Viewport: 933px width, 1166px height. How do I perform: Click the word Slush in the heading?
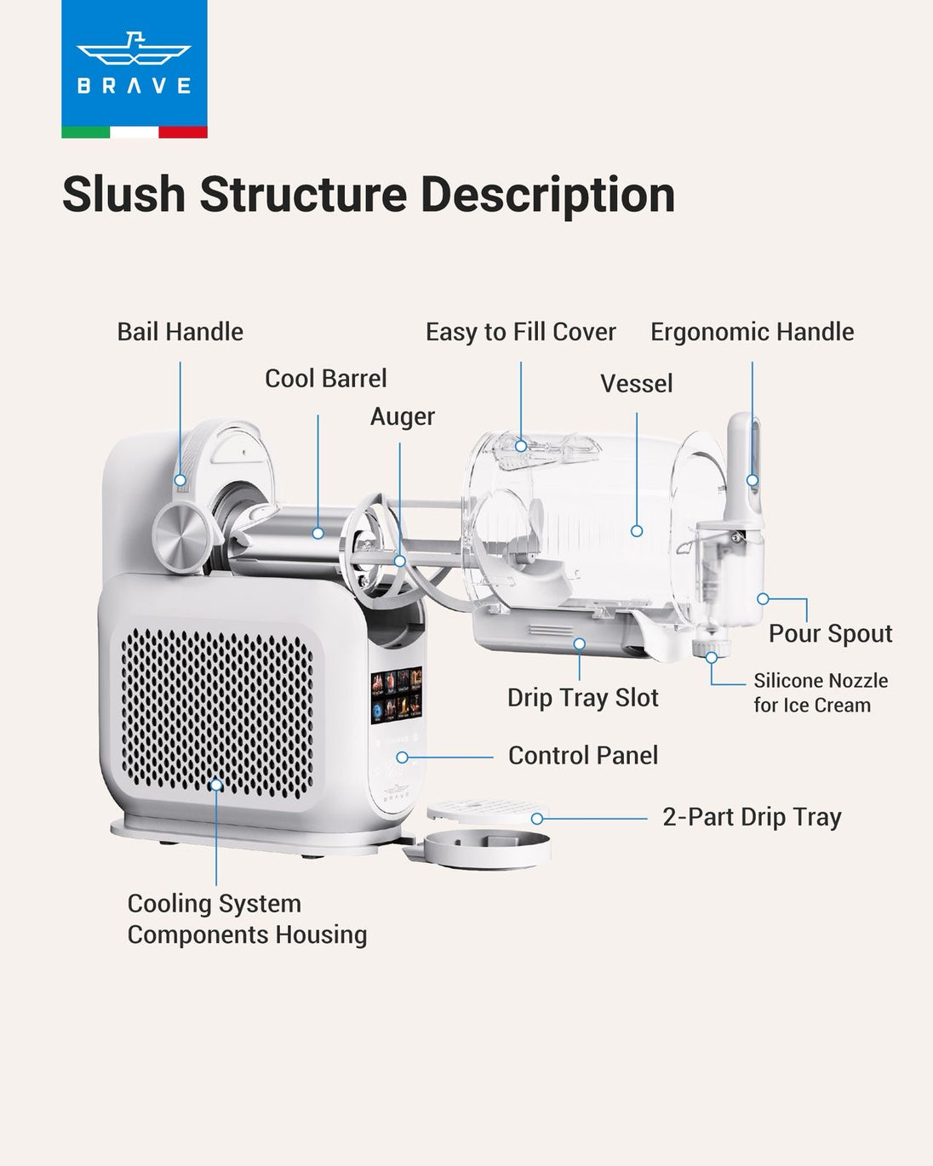tap(123, 195)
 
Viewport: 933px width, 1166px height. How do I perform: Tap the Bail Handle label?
tap(180, 332)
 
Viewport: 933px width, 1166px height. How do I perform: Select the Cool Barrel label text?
tap(325, 379)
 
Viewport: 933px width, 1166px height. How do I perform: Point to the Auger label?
tap(402, 417)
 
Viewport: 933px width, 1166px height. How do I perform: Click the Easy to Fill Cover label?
tap(520, 332)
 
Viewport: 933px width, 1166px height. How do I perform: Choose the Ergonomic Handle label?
tap(752, 332)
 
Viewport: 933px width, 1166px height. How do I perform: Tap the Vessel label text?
tap(636, 384)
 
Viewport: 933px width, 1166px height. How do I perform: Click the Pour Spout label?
tap(830, 633)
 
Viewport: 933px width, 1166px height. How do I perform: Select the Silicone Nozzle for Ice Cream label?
tap(820, 693)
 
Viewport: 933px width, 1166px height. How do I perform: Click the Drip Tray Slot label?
tap(582, 698)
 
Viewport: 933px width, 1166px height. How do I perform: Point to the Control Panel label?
tap(582, 756)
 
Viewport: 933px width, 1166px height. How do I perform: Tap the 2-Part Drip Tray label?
tap(752, 817)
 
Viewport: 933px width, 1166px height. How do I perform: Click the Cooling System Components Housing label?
tap(247, 919)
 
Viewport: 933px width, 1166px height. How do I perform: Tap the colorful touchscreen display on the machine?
tap(397, 695)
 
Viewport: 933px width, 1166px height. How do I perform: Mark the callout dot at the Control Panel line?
tap(402, 757)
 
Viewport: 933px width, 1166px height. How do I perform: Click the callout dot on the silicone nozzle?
tap(711, 657)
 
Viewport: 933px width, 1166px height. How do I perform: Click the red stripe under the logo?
tap(183, 132)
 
